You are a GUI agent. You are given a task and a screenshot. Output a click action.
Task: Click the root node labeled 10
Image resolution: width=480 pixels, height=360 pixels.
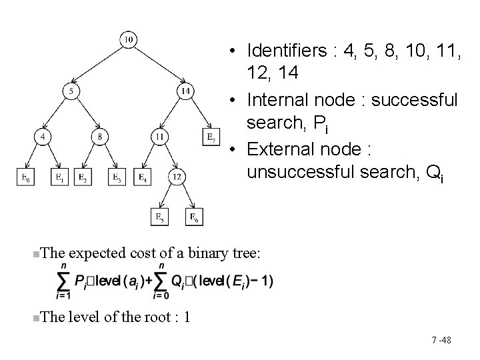click(128, 40)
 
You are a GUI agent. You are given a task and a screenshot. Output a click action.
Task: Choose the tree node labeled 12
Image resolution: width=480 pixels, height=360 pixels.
click(177, 177)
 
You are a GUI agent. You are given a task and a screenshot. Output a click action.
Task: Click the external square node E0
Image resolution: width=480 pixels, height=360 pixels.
click(25, 177)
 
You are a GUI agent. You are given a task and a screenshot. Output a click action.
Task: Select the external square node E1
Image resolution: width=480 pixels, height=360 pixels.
click(60, 177)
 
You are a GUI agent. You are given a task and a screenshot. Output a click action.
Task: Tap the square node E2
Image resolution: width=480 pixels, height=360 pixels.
click(83, 177)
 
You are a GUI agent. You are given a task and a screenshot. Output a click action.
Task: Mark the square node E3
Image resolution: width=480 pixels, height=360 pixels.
click(117, 177)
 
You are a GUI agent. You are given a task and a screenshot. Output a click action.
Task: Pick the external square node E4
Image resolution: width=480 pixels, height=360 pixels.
click(142, 177)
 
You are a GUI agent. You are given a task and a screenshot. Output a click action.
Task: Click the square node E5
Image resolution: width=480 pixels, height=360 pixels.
click(159, 216)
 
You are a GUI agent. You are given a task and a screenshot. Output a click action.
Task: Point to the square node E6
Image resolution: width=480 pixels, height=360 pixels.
click(194, 216)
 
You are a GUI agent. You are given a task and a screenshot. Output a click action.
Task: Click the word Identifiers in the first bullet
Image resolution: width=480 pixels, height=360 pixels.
click(283, 50)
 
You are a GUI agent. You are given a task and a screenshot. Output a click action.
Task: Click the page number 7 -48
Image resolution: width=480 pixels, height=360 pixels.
click(441, 341)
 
